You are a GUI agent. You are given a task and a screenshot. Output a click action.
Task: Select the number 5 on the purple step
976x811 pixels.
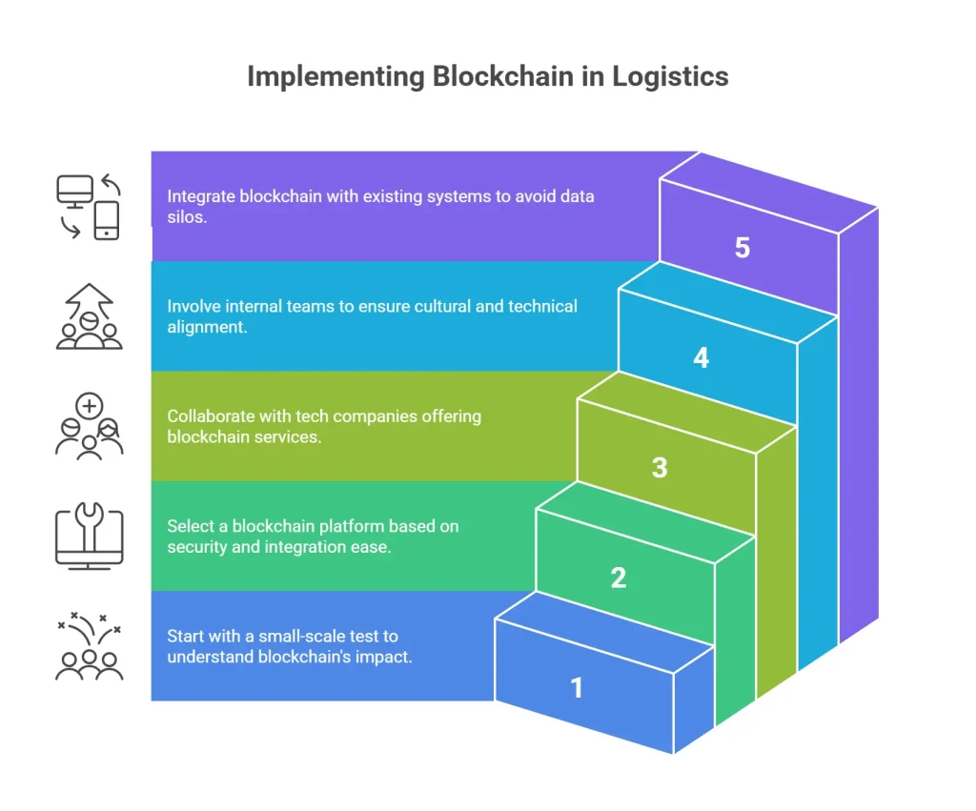point(742,248)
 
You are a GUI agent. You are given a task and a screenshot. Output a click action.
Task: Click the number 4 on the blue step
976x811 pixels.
point(701,358)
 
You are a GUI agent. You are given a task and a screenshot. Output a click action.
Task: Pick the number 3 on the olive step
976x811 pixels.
point(660,468)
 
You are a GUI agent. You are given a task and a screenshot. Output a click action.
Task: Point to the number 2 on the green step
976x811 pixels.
point(619,578)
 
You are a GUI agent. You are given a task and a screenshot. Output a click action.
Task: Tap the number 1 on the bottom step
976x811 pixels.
point(577,687)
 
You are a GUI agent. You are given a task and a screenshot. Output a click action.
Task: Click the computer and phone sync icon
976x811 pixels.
point(89,206)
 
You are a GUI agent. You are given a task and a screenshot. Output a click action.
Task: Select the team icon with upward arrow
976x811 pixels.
point(89,316)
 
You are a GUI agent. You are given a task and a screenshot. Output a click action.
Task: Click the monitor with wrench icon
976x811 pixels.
point(89,537)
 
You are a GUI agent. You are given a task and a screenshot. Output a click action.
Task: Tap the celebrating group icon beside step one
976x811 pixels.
point(89,648)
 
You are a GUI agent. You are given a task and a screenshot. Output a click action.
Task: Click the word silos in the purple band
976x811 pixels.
point(187,217)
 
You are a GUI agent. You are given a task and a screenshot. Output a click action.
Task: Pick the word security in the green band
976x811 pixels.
point(197,547)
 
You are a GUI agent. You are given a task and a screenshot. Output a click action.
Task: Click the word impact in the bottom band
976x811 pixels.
point(385,657)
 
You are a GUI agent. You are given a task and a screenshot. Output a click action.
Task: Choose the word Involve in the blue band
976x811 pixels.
point(193,306)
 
